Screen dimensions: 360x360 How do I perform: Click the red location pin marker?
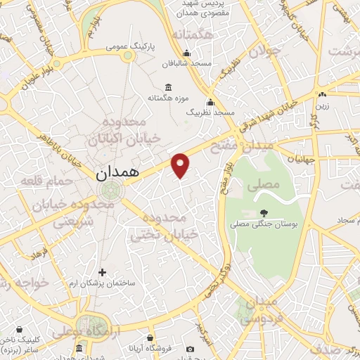(x=181, y=165)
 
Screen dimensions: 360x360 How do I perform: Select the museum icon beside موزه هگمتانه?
(x=167, y=87)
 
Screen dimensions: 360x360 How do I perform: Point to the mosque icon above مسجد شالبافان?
(x=186, y=53)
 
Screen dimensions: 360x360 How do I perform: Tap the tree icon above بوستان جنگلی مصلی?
(x=264, y=213)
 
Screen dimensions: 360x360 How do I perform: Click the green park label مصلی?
(x=264, y=185)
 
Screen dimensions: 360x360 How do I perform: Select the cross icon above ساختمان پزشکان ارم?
(x=103, y=271)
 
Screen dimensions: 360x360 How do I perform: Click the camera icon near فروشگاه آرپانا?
(x=190, y=349)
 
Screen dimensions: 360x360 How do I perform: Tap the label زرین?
(x=321, y=105)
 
